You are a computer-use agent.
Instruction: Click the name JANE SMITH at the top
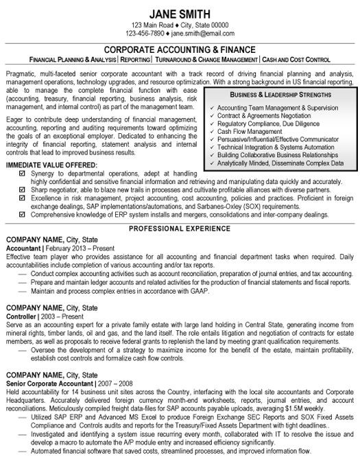point(180,12)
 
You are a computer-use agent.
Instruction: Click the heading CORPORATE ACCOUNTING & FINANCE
point(180,49)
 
